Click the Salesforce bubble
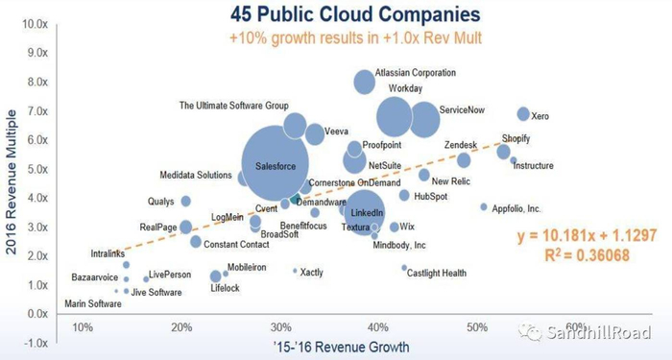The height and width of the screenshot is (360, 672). click(x=281, y=165)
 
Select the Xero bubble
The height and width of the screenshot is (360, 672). click(x=523, y=114)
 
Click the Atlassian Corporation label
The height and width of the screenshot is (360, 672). click(x=415, y=72)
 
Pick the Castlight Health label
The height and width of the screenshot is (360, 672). click(x=437, y=273)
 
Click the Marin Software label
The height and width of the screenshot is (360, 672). click(x=93, y=304)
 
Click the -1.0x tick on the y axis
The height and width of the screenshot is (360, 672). click(x=36, y=343)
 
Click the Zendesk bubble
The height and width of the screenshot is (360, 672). click(x=464, y=160)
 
